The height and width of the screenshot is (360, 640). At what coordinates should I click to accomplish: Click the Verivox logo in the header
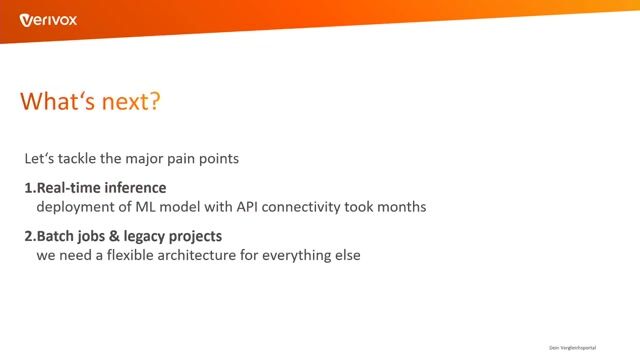49,19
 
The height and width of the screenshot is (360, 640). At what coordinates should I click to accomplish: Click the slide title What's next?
90,102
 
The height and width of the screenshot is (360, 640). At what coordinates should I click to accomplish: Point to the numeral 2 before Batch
28,237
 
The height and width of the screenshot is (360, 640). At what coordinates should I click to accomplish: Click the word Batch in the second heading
57,237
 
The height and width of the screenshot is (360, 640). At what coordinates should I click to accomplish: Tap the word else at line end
345,255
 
